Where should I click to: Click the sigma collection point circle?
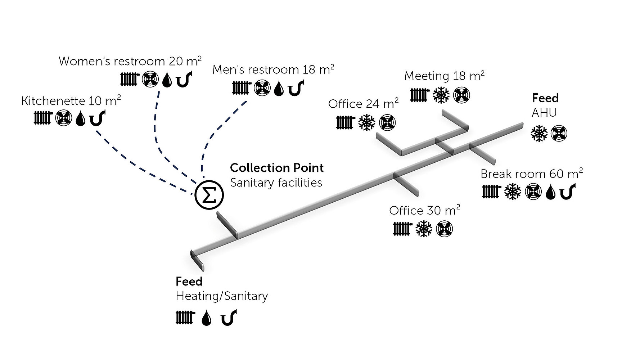(209, 195)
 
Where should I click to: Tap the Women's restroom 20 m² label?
(130, 61)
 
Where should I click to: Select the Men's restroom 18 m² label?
(273, 69)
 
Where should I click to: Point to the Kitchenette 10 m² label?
(71, 101)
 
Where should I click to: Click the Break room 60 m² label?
(532, 174)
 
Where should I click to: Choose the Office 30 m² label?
(424, 210)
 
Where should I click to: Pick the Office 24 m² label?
(363, 104)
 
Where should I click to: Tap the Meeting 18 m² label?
(444, 76)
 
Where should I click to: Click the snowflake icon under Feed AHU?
(539, 134)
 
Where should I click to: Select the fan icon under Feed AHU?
(559, 134)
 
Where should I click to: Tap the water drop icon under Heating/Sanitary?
(206, 318)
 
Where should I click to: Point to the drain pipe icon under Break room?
(568, 192)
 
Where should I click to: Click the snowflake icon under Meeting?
(441, 95)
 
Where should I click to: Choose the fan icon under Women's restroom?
(150, 79)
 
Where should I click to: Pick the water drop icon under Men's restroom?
(279, 89)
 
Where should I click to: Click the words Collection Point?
(276, 168)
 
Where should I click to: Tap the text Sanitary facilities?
(276, 183)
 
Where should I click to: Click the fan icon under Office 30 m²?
(444, 229)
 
